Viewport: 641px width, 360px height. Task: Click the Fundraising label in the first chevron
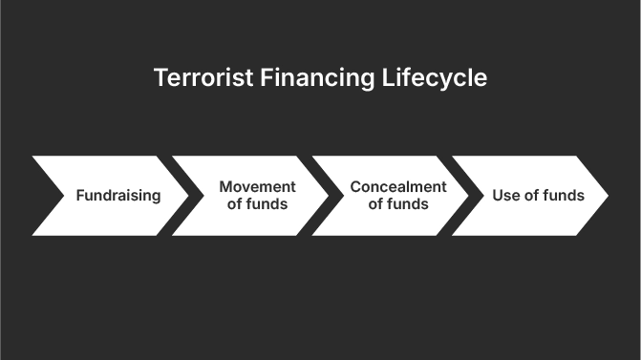[x=118, y=196]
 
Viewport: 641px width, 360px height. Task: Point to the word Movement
[x=258, y=187]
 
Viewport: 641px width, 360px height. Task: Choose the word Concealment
[x=398, y=187]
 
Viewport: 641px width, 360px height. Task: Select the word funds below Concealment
[x=408, y=204]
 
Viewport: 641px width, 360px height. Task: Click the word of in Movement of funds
[x=236, y=204]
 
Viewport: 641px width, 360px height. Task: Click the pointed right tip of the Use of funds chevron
[x=608, y=196]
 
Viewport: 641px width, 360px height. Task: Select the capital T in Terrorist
[x=160, y=78]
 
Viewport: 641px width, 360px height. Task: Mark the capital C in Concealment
[x=356, y=187]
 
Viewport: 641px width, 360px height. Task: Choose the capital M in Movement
[x=225, y=187]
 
